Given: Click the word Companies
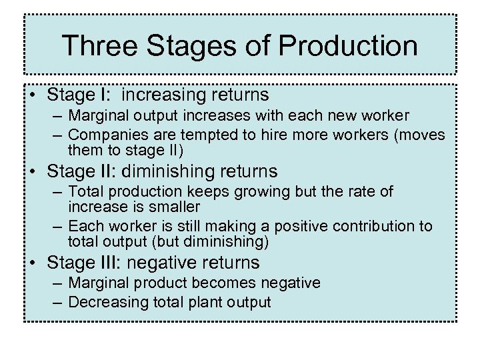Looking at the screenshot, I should coord(103,135).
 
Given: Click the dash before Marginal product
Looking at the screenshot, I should coord(59,283).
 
